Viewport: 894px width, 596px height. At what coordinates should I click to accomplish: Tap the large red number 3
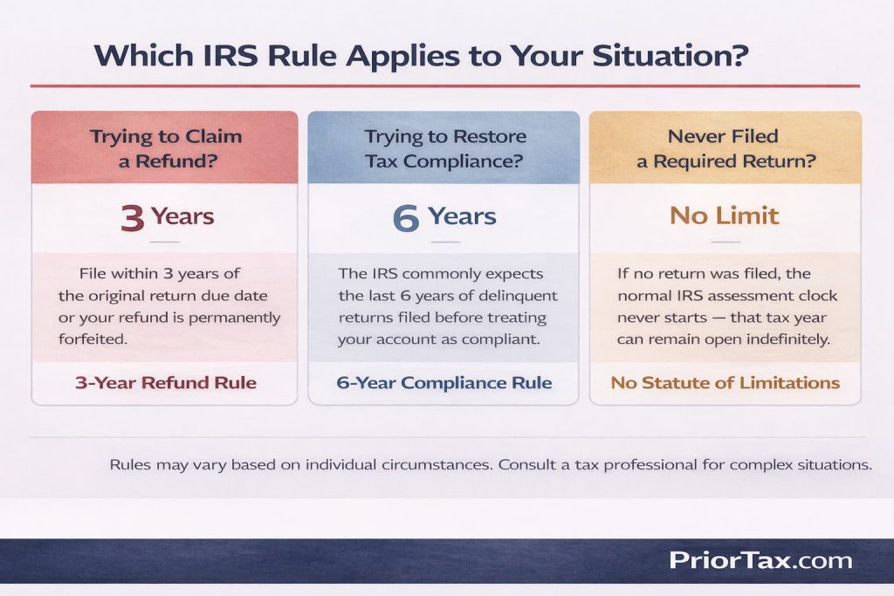coord(133,217)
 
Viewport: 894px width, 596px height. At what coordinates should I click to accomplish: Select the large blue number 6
coord(406,217)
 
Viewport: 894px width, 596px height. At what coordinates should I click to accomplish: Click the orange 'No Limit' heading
coord(724,215)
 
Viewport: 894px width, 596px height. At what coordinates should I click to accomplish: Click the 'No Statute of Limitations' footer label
coord(725,382)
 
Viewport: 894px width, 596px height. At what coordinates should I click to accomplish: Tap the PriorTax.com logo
coord(760,559)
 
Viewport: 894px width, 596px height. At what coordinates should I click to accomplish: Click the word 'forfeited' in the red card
coord(93,339)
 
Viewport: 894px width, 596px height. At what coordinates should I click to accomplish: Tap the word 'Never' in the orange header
coord(698,136)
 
